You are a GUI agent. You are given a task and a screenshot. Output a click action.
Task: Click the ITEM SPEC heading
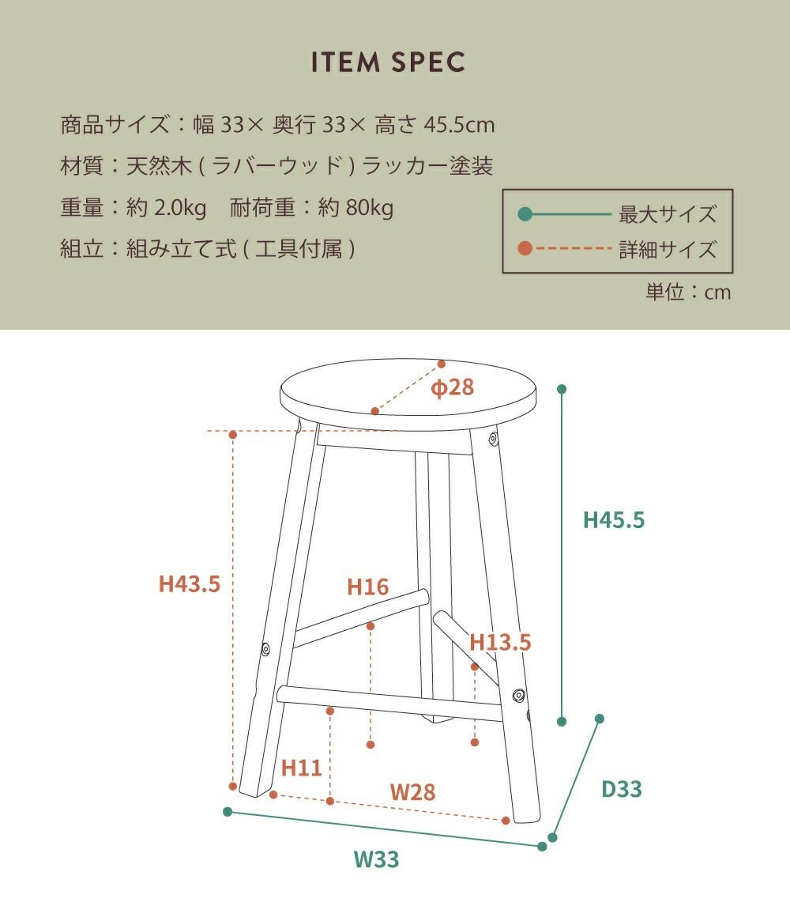(x=388, y=62)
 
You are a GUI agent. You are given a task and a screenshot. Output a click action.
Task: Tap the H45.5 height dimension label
(x=613, y=520)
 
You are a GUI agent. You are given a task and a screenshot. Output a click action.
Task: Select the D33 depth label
(x=622, y=789)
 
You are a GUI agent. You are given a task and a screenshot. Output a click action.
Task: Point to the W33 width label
(x=376, y=859)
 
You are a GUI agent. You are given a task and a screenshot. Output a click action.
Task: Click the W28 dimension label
(x=412, y=792)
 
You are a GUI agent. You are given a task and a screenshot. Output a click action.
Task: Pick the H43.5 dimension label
(x=189, y=584)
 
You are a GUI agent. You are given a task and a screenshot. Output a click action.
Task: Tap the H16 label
(x=368, y=587)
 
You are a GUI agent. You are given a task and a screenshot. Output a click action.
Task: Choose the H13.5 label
(x=500, y=642)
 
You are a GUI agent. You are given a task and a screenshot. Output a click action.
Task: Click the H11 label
(x=301, y=768)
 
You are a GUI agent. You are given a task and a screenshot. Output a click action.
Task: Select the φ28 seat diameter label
(x=452, y=387)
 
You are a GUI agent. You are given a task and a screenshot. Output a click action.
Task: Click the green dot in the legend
(x=525, y=214)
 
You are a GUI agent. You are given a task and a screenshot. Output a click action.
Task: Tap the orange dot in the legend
(x=525, y=248)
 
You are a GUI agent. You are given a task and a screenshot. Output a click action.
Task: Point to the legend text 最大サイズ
(x=668, y=214)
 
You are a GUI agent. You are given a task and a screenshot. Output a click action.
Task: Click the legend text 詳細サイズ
(x=668, y=249)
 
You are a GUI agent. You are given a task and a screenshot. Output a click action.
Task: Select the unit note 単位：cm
(x=688, y=292)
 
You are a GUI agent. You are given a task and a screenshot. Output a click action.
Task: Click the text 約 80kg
(x=355, y=207)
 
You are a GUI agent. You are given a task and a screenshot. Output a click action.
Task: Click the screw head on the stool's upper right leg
(x=494, y=438)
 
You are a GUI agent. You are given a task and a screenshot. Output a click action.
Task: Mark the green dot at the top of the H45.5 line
(x=562, y=389)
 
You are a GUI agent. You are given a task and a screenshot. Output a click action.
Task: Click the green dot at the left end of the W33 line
(x=228, y=812)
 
